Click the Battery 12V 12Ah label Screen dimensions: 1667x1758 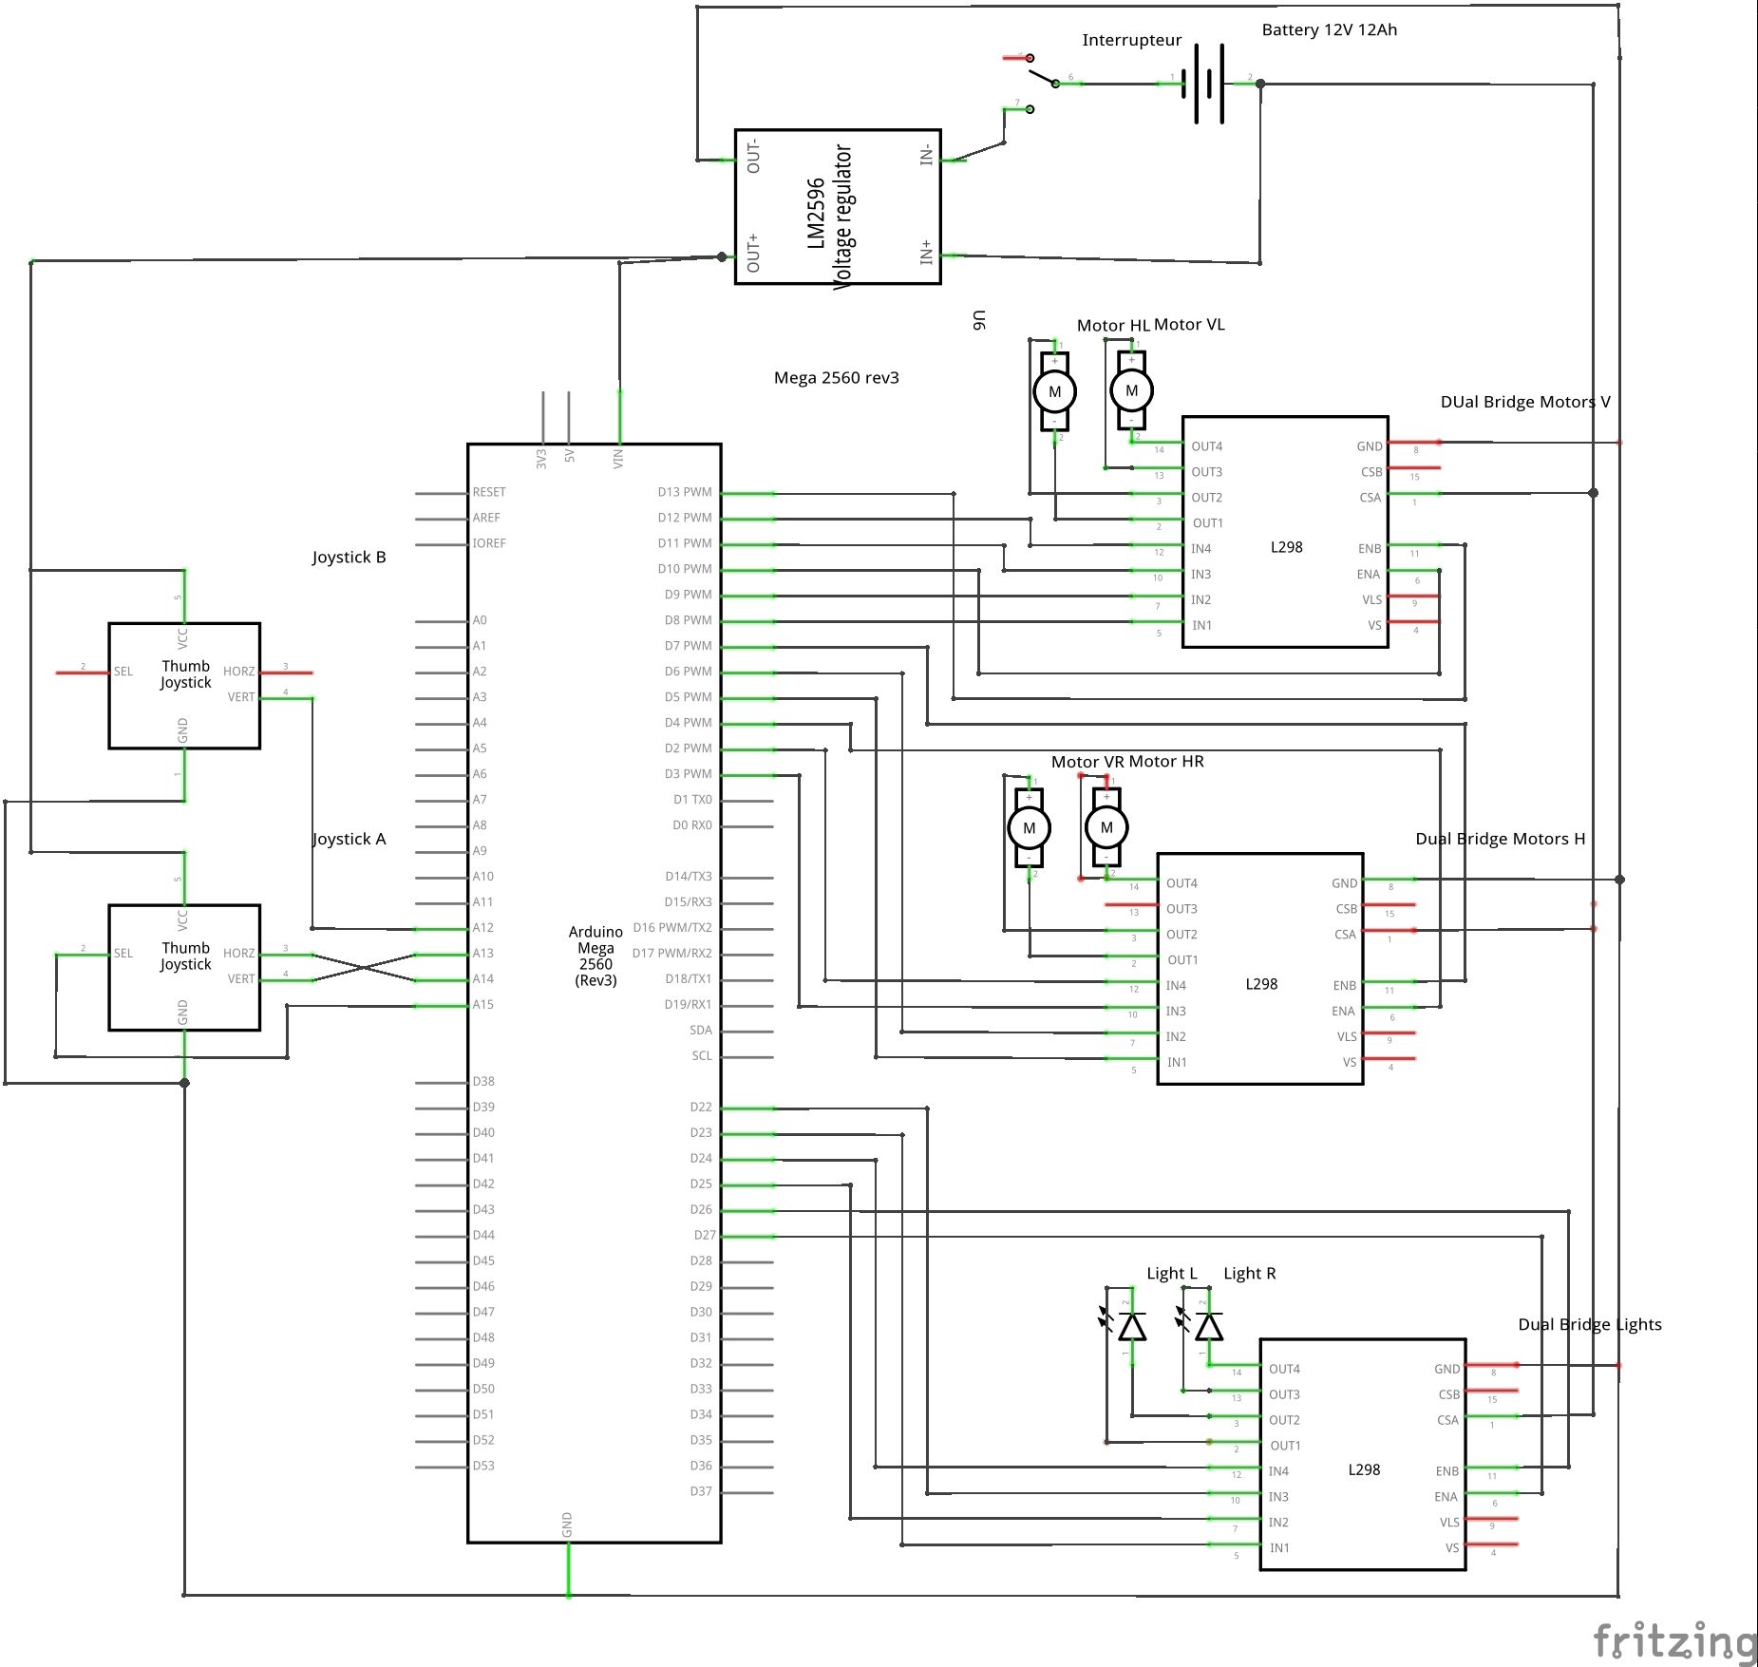(x=1329, y=30)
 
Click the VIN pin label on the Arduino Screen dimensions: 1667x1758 (x=618, y=459)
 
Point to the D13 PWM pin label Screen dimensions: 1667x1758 (x=684, y=492)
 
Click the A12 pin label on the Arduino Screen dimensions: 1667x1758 (x=482, y=928)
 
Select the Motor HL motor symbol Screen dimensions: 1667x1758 (x=1054, y=391)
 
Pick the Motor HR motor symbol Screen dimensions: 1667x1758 (x=1106, y=827)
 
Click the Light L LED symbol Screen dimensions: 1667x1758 (x=1131, y=1326)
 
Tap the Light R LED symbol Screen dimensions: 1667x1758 (x=1208, y=1326)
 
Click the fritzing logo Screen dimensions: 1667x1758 (x=1674, y=1641)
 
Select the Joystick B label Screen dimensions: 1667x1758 (x=349, y=558)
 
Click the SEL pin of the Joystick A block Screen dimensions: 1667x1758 (x=123, y=953)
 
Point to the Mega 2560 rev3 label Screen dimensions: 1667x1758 (x=836, y=378)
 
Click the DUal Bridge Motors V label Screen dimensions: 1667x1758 (x=1524, y=402)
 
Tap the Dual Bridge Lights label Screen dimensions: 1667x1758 (x=1589, y=1324)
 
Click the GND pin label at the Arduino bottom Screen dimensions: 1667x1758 (x=567, y=1525)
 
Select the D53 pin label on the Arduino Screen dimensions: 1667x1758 (x=482, y=1466)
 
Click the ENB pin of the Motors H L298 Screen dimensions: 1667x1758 (x=1344, y=986)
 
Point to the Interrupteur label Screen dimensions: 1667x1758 (x=1131, y=41)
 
